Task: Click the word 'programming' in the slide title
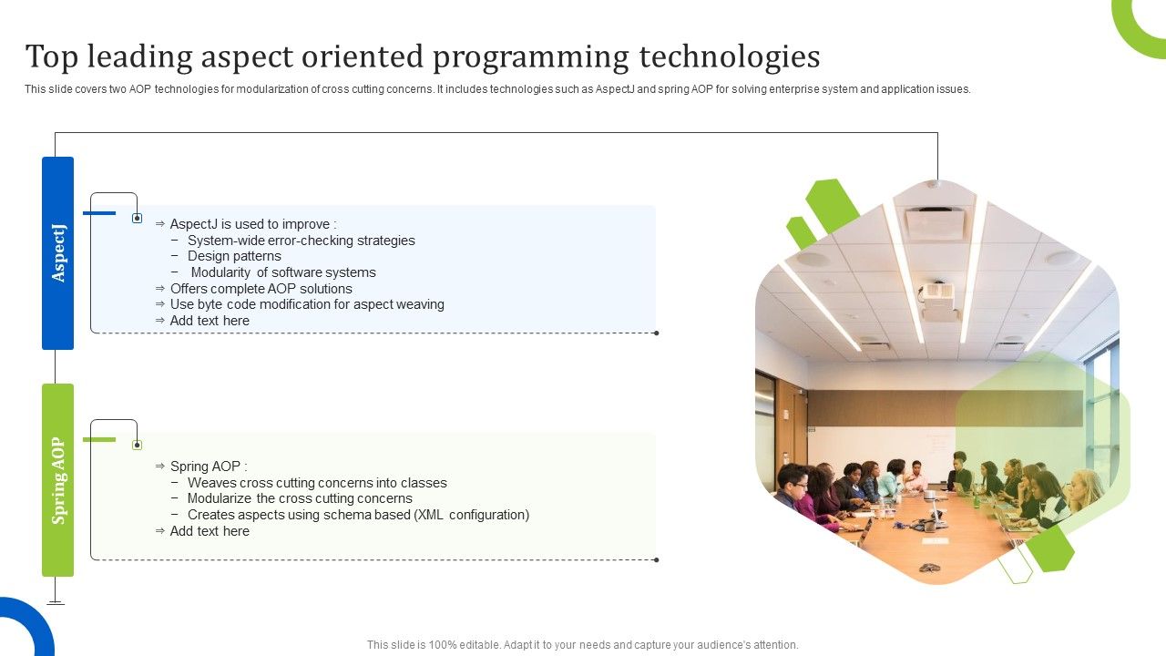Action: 531,56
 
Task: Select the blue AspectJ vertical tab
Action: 57,253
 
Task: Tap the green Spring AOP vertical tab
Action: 57,480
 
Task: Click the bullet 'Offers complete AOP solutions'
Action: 261,289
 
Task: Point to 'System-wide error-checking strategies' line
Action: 301,241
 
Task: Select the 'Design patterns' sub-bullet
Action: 234,256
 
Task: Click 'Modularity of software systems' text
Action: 282,272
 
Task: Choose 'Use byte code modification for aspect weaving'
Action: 307,304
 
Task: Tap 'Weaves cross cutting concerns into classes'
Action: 317,483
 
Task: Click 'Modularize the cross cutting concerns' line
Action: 300,498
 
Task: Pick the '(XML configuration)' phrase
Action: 471,515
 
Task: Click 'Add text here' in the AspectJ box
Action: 210,321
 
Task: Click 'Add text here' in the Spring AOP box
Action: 210,531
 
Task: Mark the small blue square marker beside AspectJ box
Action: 137,219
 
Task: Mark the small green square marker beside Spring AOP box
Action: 137,446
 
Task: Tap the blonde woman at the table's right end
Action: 1084,492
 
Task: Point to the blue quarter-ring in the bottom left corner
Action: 23,629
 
